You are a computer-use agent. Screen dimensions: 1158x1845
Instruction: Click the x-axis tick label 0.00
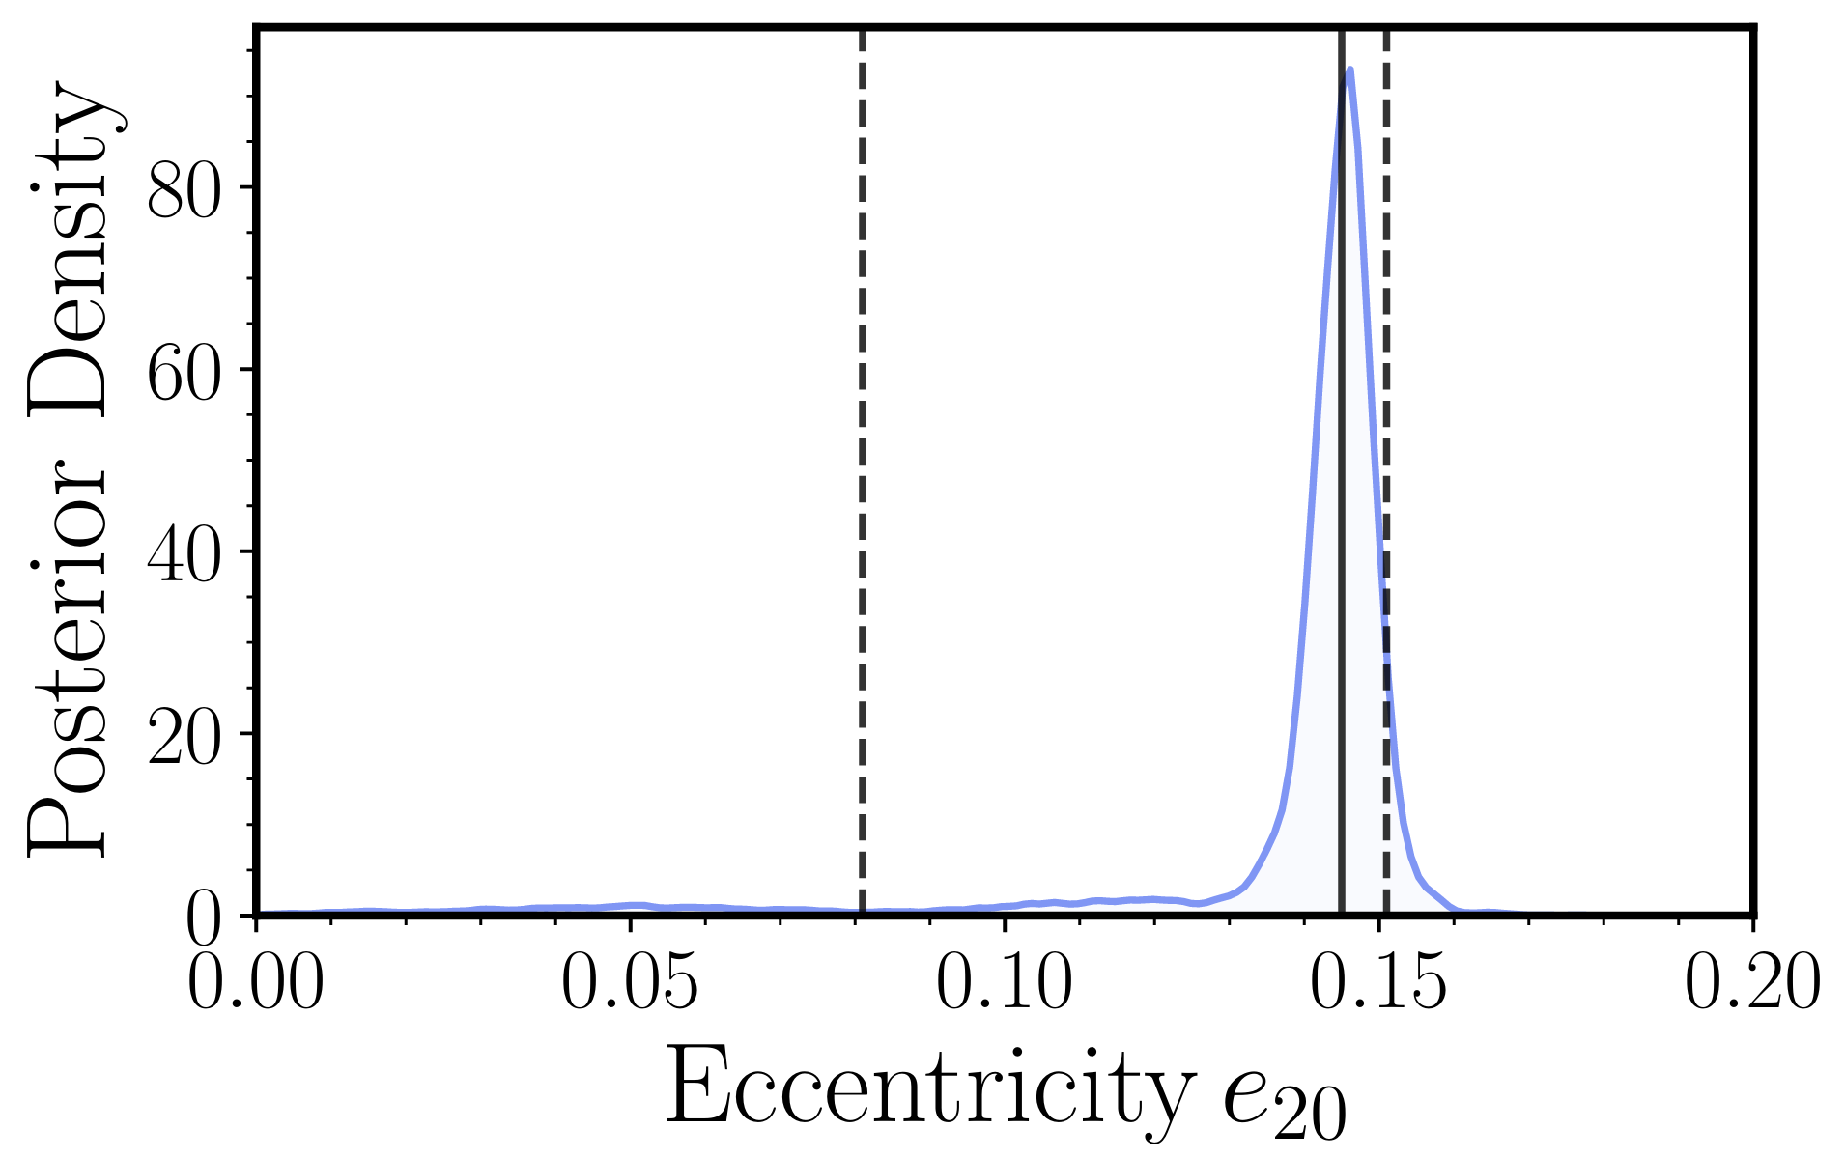(255, 985)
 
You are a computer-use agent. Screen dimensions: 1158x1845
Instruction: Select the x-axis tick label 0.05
(630, 985)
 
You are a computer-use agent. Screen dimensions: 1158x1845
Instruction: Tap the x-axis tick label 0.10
(1005, 985)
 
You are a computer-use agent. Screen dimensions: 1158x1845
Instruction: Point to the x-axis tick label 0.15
(1378, 985)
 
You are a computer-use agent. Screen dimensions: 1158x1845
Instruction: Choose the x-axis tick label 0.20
(1751, 985)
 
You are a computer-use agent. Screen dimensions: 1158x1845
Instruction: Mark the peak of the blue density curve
(1349, 70)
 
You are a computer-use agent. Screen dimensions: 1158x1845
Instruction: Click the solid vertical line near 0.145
(1342, 483)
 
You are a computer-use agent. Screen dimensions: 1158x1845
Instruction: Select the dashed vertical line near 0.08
(862, 483)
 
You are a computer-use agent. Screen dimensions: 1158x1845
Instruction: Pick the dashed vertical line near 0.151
(1386, 386)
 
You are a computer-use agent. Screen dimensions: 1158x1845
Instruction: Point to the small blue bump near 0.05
(633, 905)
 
